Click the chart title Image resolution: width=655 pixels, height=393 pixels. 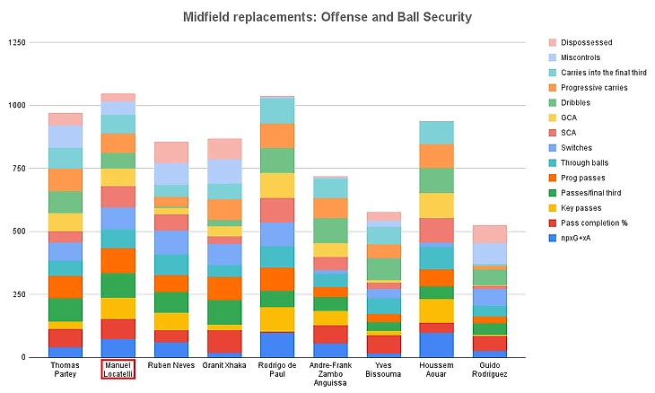327,16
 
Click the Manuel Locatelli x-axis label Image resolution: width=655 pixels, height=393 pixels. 118,369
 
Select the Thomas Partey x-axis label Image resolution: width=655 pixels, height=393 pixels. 65,369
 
